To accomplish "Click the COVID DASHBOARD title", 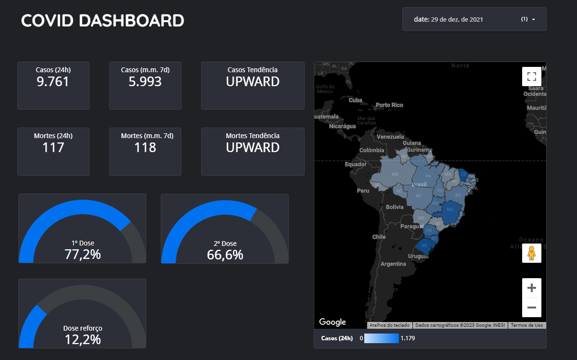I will [x=103, y=21].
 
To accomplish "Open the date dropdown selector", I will [x=474, y=19].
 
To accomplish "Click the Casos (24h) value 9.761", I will [x=53, y=82].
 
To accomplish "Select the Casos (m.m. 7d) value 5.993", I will [x=145, y=82].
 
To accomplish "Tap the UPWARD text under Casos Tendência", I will [x=253, y=82].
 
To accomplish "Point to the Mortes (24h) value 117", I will [x=53, y=147].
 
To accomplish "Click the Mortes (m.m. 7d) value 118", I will [x=145, y=147].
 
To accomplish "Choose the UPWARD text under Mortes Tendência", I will [x=253, y=147].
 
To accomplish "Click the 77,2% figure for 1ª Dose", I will [x=82, y=254].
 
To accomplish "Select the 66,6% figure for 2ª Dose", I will [x=225, y=255].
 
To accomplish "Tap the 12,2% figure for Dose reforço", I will [x=82, y=339].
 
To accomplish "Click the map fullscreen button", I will [x=531, y=76].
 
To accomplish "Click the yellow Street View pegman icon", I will [x=531, y=253].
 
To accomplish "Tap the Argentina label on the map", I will [x=393, y=264].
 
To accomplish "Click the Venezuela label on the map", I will [x=390, y=137].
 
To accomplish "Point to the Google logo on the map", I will [x=333, y=322].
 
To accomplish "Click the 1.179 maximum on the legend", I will [x=408, y=338].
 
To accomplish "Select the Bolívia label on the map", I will [x=394, y=207].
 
